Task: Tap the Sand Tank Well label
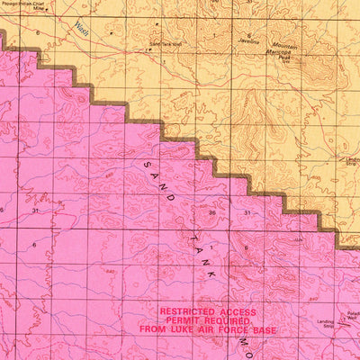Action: click(166, 43)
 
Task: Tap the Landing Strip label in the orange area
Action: click(351, 161)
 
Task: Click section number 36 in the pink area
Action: click(211, 211)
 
